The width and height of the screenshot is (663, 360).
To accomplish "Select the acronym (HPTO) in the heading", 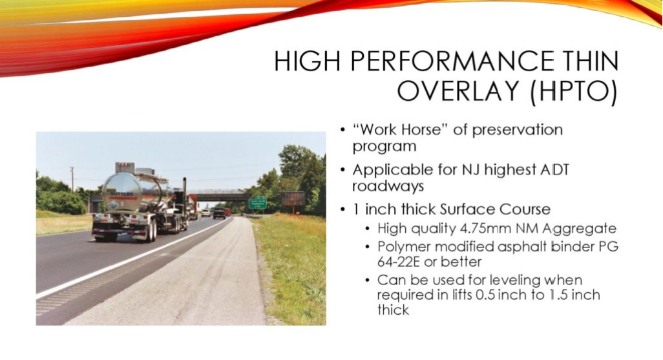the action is click(x=574, y=90).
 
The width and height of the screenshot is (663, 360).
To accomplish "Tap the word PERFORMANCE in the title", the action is click(x=451, y=61).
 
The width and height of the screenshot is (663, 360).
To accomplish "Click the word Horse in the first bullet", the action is click(x=420, y=129).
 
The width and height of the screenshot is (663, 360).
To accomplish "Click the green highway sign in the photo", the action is click(x=257, y=202).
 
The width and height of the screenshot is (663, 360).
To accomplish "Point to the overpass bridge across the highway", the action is click(x=218, y=196).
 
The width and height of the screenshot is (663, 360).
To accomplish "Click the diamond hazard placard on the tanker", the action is click(x=112, y=206).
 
